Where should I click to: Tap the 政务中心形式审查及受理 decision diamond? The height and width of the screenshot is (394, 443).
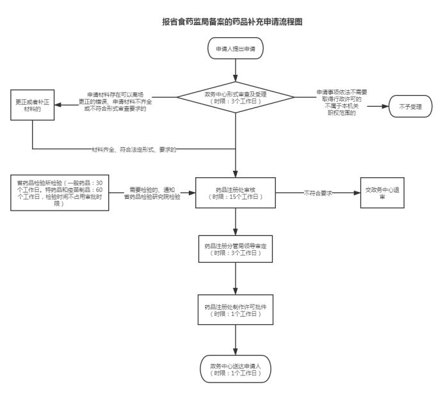236,98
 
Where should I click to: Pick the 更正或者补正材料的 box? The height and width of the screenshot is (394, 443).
32,106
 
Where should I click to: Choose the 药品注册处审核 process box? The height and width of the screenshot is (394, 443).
236,193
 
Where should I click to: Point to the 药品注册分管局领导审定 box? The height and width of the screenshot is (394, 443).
236,249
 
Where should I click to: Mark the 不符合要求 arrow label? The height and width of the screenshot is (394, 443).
317,193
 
